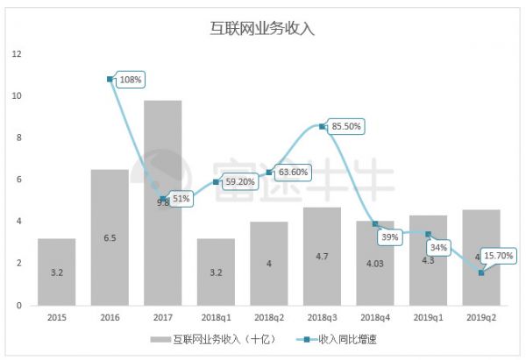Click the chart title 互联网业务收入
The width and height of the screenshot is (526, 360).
click(x=263, y=27)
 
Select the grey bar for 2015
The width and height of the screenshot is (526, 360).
click(x=56, y=272)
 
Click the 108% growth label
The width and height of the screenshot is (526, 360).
click(x=131, y=80)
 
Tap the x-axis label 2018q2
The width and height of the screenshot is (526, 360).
click(x=268, y=319)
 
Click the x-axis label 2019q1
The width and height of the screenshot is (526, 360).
click(x=428, y=319)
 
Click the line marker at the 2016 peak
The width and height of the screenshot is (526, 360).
click(x=110, y=79)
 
